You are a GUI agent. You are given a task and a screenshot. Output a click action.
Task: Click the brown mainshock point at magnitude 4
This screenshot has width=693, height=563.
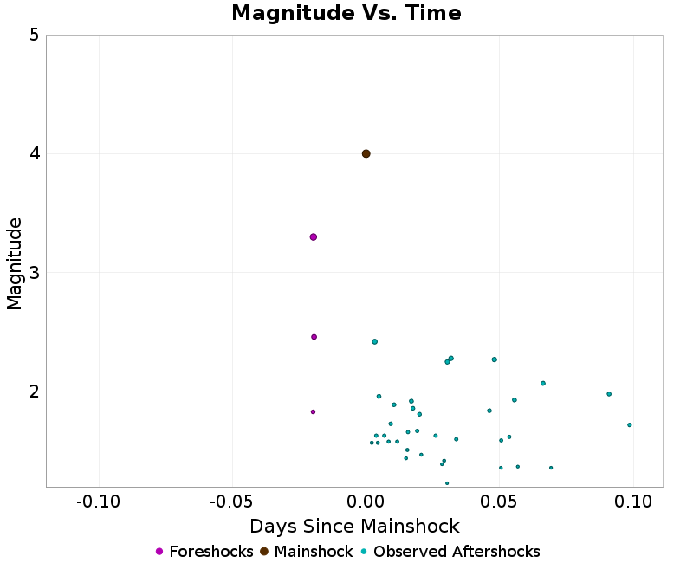coord(366,153)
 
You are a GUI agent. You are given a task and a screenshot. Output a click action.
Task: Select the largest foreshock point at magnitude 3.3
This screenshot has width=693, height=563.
coord(314,236)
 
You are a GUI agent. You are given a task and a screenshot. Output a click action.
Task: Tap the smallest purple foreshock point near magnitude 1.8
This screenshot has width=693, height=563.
coord(313,411)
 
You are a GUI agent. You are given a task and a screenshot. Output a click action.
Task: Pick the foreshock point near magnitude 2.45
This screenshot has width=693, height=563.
coord(314,337)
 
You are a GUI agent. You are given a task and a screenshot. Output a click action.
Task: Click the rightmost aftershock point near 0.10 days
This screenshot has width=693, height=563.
coord(629,424)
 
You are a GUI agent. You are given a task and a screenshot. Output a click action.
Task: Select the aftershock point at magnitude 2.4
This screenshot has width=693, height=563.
coord(374,341)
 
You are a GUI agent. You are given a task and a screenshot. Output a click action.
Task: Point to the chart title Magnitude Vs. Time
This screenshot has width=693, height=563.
coord(346,14)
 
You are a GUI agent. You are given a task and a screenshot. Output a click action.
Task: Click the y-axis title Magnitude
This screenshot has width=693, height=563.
coord(14,263)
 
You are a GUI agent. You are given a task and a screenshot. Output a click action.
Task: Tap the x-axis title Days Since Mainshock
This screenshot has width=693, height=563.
coord(354,526)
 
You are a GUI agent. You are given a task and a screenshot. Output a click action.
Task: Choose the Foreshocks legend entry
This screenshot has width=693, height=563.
coord(204,552)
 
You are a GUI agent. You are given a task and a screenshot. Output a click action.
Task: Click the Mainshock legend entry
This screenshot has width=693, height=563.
coord(307,552)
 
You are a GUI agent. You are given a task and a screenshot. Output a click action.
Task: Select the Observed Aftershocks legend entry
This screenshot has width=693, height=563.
coord(450,552)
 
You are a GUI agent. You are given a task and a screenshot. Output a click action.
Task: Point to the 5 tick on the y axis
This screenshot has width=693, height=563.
coord(33,35)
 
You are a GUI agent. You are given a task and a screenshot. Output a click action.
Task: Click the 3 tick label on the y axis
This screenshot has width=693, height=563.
coord(33,273)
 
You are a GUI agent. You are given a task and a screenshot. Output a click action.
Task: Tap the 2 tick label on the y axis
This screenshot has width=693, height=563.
coord(33,392)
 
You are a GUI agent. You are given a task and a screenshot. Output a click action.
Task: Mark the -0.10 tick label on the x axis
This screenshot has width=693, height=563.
coord(98,502)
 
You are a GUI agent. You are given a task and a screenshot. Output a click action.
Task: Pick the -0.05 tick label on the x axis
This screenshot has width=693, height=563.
coord(231,502)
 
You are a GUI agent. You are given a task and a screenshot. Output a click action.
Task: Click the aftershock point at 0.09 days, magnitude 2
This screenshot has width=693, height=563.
coord(609,393)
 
